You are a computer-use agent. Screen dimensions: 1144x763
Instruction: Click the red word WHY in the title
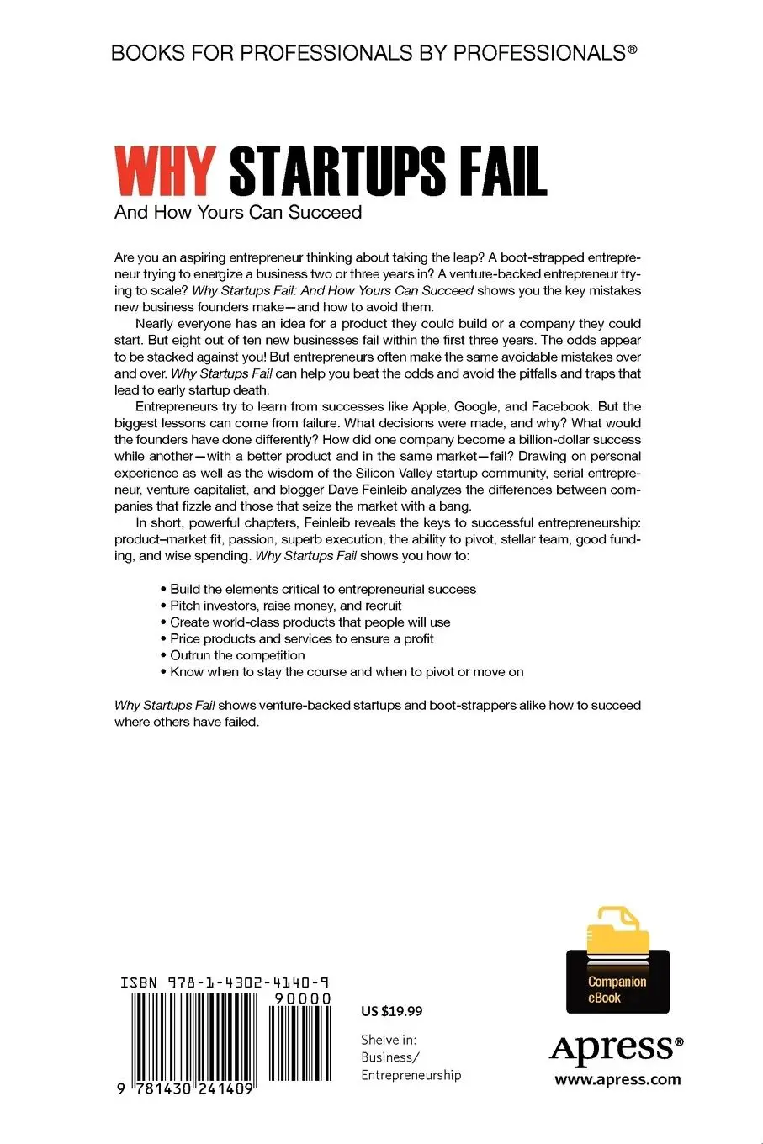point(166,172)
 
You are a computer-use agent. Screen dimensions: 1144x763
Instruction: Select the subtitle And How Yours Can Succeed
point(238,213)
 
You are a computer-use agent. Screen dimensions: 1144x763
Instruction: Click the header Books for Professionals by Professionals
point(374,53)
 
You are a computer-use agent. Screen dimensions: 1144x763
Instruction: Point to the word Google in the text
point(475,406)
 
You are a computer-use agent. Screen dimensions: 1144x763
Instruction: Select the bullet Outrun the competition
point(237,655)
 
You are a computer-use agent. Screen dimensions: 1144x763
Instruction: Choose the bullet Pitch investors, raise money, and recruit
point(286,606)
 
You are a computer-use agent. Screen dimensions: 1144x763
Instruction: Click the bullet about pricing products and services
point(301,638)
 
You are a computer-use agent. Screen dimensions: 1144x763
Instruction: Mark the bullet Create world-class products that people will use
point(310,622)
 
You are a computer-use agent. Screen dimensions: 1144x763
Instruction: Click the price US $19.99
point(391,1011)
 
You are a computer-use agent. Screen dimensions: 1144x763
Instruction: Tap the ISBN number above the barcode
point(225,982)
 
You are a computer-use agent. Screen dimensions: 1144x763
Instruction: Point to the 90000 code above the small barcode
point(302,998)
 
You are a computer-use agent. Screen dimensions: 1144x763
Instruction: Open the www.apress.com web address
point(617,1080)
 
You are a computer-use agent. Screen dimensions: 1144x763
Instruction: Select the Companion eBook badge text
point(617,990)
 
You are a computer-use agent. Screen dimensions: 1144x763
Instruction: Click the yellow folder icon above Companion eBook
point(617,934)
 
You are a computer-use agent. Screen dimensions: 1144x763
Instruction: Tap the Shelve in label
point(389,1040)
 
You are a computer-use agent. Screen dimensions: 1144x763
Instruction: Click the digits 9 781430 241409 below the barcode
point(187,1088)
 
